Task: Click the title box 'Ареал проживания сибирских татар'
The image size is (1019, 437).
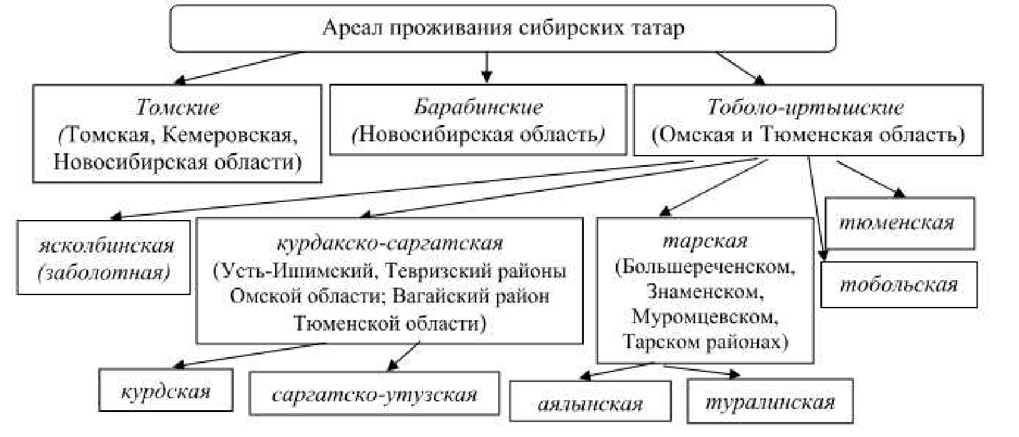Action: coord(503,28)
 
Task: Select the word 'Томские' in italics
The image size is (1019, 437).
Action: coord(178,108)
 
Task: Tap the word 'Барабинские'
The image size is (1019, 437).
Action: coord(478,107)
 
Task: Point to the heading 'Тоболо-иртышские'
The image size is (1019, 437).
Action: coord(805,108)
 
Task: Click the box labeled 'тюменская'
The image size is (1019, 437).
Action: coord(900,223)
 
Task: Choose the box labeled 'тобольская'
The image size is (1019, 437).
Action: coord(898,285)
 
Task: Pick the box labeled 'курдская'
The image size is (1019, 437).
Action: coord(166,392)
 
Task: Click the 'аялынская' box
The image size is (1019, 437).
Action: coord(590,403)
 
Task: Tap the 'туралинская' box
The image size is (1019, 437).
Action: coord(770,402)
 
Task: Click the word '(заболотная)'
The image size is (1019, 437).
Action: coord(104,273)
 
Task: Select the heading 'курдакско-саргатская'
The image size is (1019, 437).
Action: coord(389,243)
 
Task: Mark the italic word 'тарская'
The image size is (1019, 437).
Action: coord(705,241)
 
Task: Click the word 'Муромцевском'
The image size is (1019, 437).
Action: coord(705,316)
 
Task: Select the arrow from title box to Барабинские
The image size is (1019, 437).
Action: coord(487,67)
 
